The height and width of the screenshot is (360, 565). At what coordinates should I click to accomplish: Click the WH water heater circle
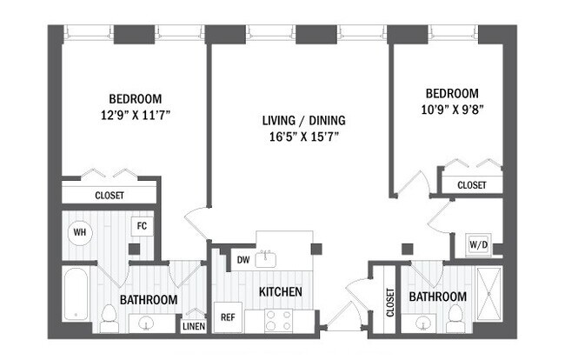point(79,232)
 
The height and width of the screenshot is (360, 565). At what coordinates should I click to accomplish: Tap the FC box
point(142,226)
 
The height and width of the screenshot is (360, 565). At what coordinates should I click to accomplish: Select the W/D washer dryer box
point(478,244)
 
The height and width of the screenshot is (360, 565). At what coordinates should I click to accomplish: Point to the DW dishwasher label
point(243,258)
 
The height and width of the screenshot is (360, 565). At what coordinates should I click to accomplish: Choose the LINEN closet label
point(193,327)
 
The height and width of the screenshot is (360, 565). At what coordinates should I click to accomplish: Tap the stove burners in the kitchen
point(278,320)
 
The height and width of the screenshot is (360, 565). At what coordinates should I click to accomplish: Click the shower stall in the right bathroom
point(489,296)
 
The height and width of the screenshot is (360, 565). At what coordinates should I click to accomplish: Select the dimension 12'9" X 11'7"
point(135,113)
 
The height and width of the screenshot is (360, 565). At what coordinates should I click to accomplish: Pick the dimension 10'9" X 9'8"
point(451,109)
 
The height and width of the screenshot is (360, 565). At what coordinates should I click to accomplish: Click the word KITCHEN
point(280,292)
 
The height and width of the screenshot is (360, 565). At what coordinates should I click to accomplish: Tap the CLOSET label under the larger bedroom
point(110,196)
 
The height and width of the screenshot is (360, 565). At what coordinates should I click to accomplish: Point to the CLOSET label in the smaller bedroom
point(471,185)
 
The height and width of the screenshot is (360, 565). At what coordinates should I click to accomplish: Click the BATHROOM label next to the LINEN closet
point(149,299)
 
